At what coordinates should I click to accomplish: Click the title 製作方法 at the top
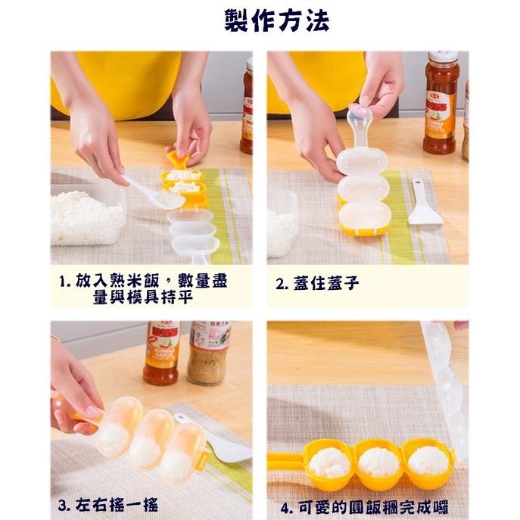pyautogui.click(x=276, y=20)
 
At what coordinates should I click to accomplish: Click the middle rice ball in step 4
pyautogui.click(x=377, y=461)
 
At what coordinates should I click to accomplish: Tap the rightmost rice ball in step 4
pyautogui.click(x=426, y=460)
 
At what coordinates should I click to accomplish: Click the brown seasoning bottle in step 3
pyautogui.click(x=208, y=352)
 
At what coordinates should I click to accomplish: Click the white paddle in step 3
pyautogui.click(x=227, y=447)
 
